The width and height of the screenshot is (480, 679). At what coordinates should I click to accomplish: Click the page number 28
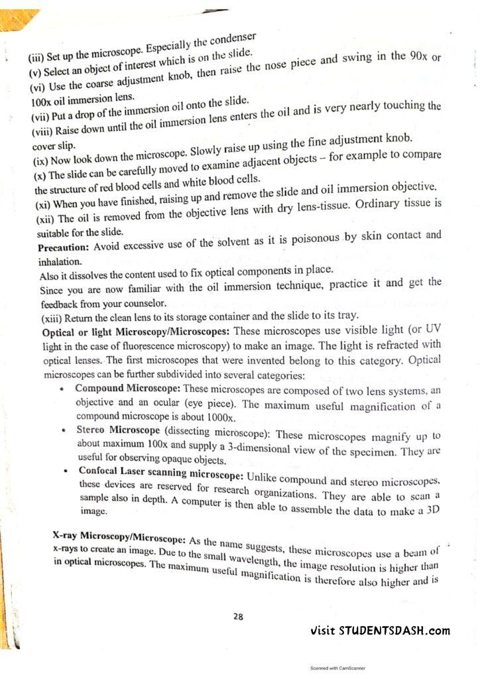pos(238,617)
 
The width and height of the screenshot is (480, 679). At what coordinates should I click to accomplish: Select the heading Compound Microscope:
pos(127,387)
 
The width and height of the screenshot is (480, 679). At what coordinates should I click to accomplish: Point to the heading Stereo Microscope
pos(117,430)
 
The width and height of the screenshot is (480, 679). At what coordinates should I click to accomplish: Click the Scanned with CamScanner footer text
pos(337,669)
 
